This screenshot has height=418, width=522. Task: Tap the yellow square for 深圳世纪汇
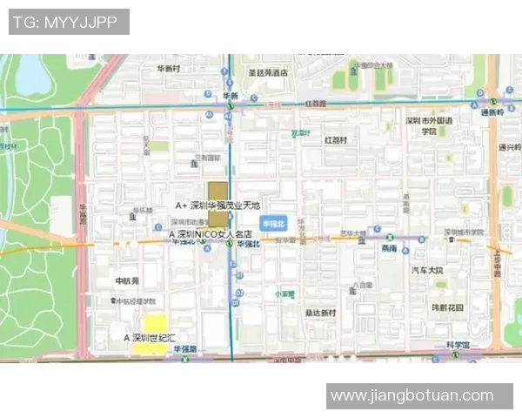click(x=155, y=334)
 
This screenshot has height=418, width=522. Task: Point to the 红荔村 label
click(x=335, y=139)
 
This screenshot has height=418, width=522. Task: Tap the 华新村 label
click(x=168, y=68)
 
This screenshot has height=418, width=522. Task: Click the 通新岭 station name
click(x=492, y=112)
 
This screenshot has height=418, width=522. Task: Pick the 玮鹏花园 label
click(x=448, y=307)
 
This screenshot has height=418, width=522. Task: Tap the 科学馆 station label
click(x=458, y=346)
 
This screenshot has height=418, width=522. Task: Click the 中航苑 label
click(x=127, y=281)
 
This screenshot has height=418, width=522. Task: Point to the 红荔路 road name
click(x=314, y=103)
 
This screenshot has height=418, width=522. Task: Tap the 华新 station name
click(x=230, y=96)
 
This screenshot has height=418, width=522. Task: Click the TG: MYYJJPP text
click(x=69, y=22)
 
